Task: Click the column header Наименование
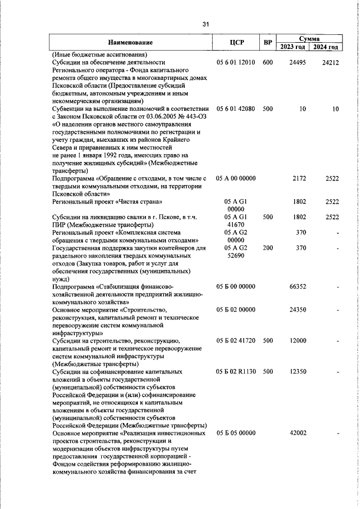click(x=130, y=42)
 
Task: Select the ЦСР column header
click(x=236, y=42)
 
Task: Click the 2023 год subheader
click(x=294, y=47)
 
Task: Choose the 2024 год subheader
click(x=327, y=47)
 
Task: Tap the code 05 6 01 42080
click(x=236, y=109)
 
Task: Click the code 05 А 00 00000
click(x=236, y=178)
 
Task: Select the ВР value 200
click(x=267, y=247)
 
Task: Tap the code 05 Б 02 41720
click(x=236, y=340)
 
